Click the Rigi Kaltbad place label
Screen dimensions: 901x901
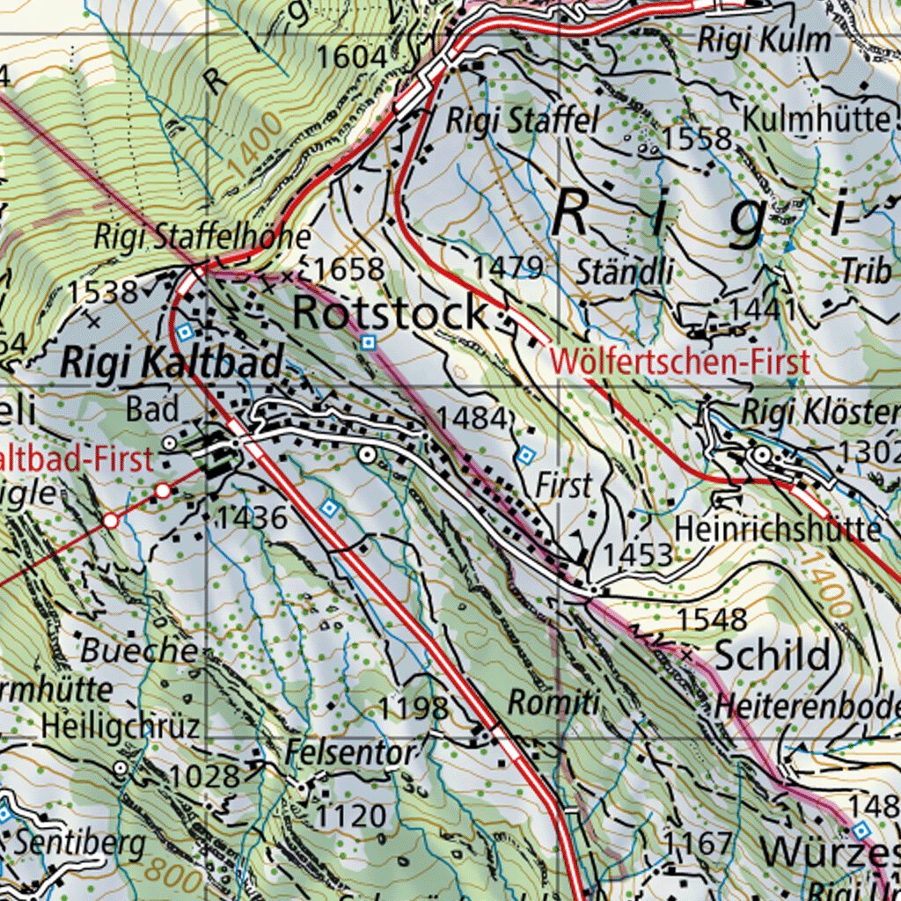[172, 362]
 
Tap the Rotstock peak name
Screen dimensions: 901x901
[390, 313]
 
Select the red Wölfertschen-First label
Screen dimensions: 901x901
[678, 362]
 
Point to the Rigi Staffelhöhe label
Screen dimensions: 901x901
[202, 237]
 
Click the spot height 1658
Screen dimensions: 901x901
[348, 269]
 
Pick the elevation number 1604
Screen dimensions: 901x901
[351, 57]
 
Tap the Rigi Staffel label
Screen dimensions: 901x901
[522, 121]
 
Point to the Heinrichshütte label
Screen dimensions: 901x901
[778, 529]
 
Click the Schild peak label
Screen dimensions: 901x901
[772, 656]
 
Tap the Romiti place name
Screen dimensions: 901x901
[553, 703]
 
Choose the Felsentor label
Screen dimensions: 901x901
[349, 753]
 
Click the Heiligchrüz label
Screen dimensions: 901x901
[121, 726]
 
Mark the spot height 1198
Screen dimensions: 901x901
[414, 707]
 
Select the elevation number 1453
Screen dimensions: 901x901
[638, 555]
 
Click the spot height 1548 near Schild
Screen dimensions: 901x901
[712, 619]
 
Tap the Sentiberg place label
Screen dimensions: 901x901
[79, 842]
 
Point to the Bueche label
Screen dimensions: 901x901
[139, 650]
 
